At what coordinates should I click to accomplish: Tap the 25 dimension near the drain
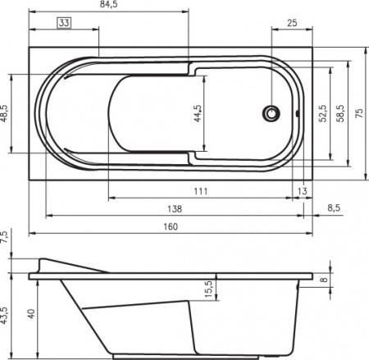click(291, 24)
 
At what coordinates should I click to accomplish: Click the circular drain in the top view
click(271, 114)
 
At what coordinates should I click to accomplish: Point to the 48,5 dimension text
click(5, 112)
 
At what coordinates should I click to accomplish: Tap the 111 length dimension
click(200, 191)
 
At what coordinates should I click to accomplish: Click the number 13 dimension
click(303, 191)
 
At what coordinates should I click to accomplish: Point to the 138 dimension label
click(173, 209)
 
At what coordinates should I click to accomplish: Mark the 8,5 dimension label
click(333, 209)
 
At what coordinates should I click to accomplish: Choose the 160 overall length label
click(170, 227)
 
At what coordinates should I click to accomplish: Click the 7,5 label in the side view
click(5, 238)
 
